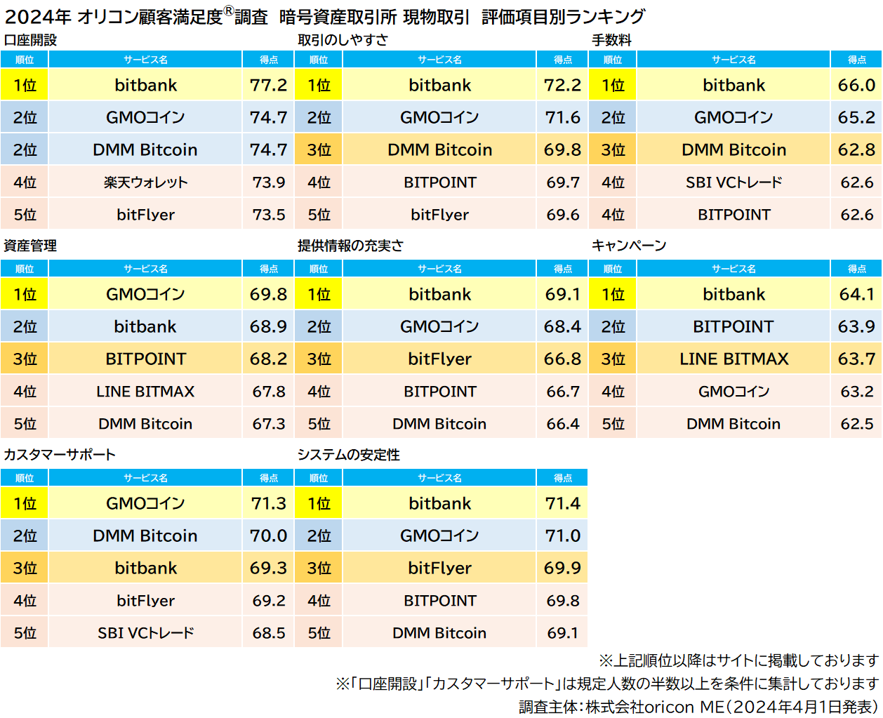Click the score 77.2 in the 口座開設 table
point(268,85)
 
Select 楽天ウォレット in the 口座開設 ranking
point(145,182)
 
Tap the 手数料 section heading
point(611,40)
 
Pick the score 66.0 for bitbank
point(856,85)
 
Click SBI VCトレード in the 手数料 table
point(733,182)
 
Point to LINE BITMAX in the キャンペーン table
point(733,359)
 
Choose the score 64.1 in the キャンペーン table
point(856,294)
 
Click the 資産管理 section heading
point(30,246)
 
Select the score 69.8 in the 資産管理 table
point(268,294)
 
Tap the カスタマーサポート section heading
point(60,455)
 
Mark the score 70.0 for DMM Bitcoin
point(268,536)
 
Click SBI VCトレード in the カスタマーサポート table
point(145,633)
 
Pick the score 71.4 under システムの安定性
point(562,503)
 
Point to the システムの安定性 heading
point(348,455)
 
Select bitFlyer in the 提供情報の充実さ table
point(439,359)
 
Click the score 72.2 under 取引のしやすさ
point(562,85)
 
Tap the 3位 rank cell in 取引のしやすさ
point(319,149)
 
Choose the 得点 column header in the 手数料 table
point(856,60)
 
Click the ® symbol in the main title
point(228,11)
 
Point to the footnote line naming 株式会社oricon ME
point(698,706)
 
